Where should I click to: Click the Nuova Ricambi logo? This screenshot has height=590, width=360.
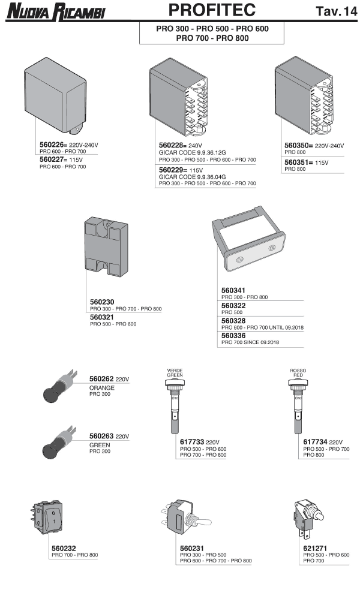tap(56, 11)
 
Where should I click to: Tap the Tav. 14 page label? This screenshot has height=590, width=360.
tap(336, 11)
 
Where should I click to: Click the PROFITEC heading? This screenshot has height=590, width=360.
tap(212, 10)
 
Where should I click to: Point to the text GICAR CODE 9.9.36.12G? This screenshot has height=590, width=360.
tap(193, 153)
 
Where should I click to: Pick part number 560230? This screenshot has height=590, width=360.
tap(102, 302)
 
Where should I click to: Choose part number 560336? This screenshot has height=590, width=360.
tap(233, 336)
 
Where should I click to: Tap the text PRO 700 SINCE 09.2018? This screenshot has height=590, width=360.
tap(250, 342)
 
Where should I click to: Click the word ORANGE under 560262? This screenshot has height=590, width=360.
tap(101, 388)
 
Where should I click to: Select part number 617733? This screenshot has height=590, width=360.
tap(191, 442)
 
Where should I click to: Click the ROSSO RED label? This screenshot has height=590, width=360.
tap(298, 373)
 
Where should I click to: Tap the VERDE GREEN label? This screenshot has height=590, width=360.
tap(175, 373)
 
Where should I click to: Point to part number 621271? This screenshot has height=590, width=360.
tap(315, 549)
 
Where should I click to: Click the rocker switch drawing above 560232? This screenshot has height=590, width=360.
tap(46, 517)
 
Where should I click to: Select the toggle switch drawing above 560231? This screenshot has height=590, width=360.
tap(186, 517)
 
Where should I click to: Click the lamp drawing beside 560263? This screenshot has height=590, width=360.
tap(59, 442)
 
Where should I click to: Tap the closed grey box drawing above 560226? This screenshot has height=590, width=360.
tap(55, 95)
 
